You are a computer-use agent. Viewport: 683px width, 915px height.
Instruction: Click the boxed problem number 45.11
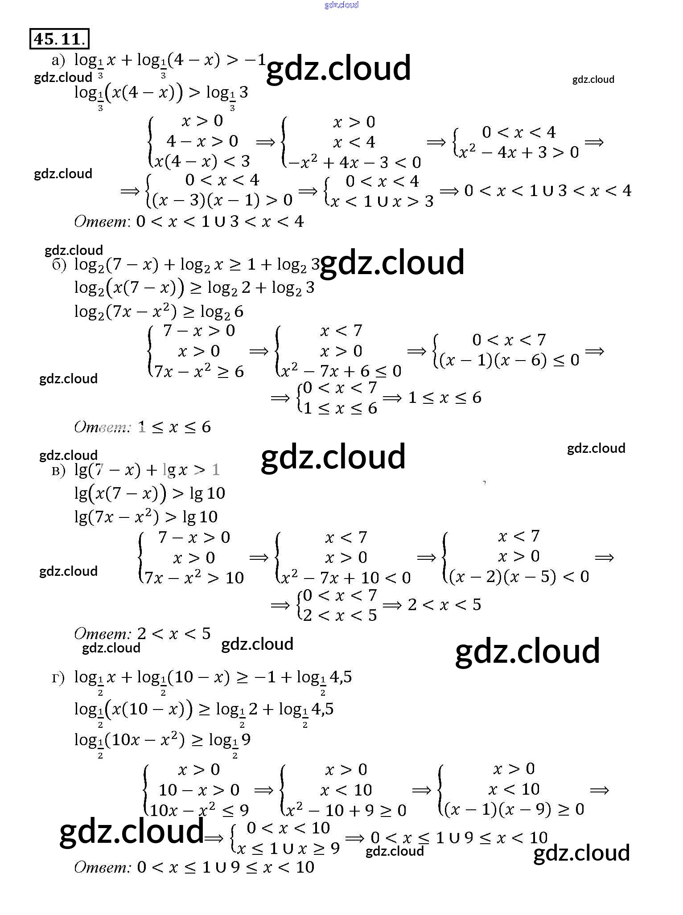pos(59,39)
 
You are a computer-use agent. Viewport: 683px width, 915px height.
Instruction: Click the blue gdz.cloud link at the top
pos(341,5)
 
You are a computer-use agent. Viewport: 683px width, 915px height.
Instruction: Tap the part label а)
pos(58,60)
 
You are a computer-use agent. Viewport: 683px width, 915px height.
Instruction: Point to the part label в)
pos(58,470)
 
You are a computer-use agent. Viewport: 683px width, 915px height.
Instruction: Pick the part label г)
pos(58,678)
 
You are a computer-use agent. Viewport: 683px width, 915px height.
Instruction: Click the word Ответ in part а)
pos(101,221)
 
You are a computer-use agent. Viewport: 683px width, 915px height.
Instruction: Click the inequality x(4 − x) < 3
pos(202,161)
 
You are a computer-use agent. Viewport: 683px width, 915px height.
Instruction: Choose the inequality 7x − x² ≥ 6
pos(199,371)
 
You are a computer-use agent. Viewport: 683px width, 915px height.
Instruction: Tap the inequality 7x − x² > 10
pos(194,578)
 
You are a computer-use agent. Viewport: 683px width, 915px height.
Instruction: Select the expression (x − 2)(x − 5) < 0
pos(519,577)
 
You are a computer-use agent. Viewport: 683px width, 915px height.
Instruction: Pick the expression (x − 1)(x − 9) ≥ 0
pos(514,809)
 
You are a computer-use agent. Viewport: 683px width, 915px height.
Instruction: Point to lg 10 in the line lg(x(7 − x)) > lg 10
pos(207,493)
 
